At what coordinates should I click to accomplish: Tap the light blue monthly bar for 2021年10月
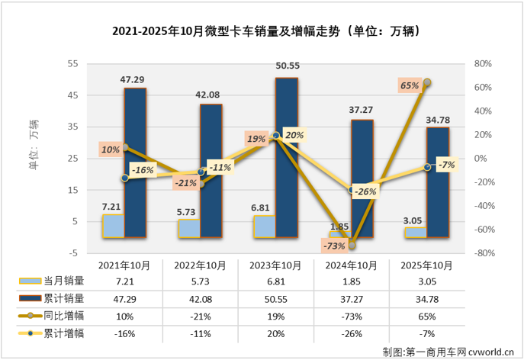pos(113,226)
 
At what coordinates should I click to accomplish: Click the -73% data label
pos(333,246)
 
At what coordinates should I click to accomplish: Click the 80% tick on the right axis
pos(480,63)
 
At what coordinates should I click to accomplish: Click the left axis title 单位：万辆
pos(34,145)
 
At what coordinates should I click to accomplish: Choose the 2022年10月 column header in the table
pos(200,265)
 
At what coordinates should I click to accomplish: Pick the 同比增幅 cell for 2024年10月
pos(351,316)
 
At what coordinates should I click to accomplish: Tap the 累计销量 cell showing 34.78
pos(427,298)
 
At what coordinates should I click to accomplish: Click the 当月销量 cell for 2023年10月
pos(275,281)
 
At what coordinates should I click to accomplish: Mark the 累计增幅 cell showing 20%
pos(275,333)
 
